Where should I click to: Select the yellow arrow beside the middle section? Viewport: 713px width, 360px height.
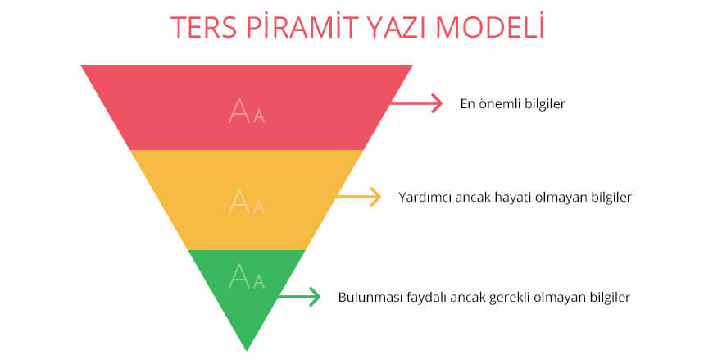click(x=360, y=197)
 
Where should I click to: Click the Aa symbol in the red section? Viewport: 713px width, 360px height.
click(x=247, y=111)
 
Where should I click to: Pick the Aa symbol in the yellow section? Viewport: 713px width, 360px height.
click(x=247, y=201)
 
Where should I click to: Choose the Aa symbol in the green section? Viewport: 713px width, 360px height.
click(x=247, y=276)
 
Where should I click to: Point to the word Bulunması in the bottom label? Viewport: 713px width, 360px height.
click(x=367, y=297)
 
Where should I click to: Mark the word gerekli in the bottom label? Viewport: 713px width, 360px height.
click(x=510, y=297)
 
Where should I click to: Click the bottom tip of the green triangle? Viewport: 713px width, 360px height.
click(x=247, y=348)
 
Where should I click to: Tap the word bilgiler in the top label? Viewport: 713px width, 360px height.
click(x=543, y=104)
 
